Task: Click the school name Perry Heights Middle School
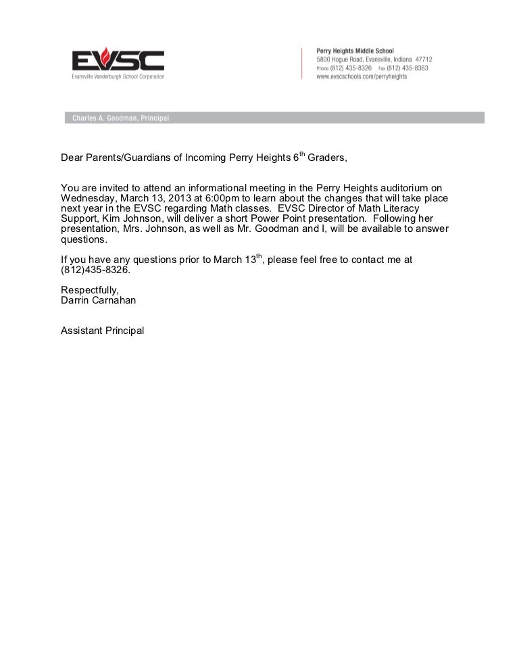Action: point(355,51)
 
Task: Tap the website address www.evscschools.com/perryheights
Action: point(362,77)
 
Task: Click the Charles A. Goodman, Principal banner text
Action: point(116,118)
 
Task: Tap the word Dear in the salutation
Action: point(72,158)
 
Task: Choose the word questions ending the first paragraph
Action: point(83,239)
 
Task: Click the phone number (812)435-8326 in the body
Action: point(94,270)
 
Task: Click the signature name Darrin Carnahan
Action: point(98,300)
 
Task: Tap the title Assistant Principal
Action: point(102,331)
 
